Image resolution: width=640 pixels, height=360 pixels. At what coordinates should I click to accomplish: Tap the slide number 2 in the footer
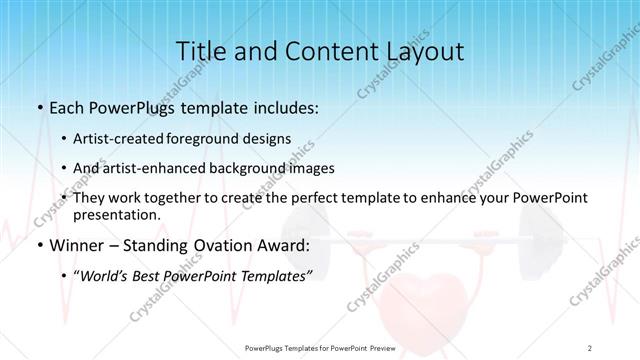tap(590, 347)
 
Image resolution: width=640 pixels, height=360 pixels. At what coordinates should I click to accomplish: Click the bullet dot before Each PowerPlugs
tap(38, 108)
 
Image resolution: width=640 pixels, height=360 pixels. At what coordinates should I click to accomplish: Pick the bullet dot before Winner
tap(38, 246)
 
